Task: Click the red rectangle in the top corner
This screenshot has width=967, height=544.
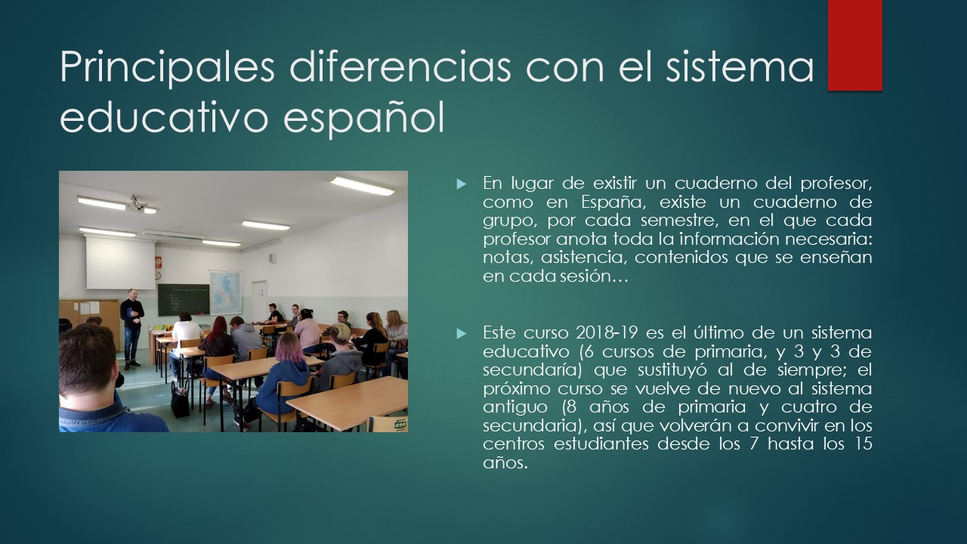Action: pos(854,45)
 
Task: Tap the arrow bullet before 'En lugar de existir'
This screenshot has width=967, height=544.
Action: pos(462,184)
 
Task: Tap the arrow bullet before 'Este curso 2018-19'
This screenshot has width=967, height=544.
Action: pos(462,333)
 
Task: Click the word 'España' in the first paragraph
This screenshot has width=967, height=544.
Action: pos(609,202)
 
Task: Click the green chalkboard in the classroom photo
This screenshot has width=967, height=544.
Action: pos(184,300)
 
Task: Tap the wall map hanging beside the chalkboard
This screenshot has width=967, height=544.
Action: pos(225,292)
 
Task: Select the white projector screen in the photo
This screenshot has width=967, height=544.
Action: pos(120,263)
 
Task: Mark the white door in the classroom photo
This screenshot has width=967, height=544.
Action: pos(259,301)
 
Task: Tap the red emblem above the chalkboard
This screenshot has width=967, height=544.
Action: pos(158,262)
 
